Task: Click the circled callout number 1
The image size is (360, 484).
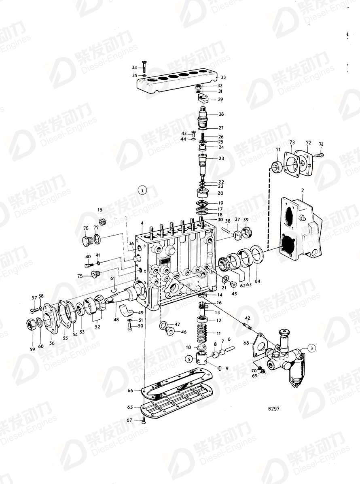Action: click(x=142, y=189)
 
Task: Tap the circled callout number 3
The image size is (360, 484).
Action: click(x=311, y=347)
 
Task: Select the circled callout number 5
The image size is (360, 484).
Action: click(x=188, y=358)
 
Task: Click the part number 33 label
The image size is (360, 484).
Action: click(x=223, y=77)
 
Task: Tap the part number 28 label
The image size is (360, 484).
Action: click(x=221, y=115)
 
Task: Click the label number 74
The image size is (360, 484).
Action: click(x=321, y=144)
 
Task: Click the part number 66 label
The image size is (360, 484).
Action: click(x=130, y=391)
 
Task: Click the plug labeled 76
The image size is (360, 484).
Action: click(x=86, y=242)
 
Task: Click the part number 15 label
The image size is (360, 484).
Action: click(x=100, y=210)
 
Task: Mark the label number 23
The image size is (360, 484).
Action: click(x=221, y=159)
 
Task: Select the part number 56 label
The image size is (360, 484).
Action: click(x=52, y=343)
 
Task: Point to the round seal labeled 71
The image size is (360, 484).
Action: click(x=277, y=166)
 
